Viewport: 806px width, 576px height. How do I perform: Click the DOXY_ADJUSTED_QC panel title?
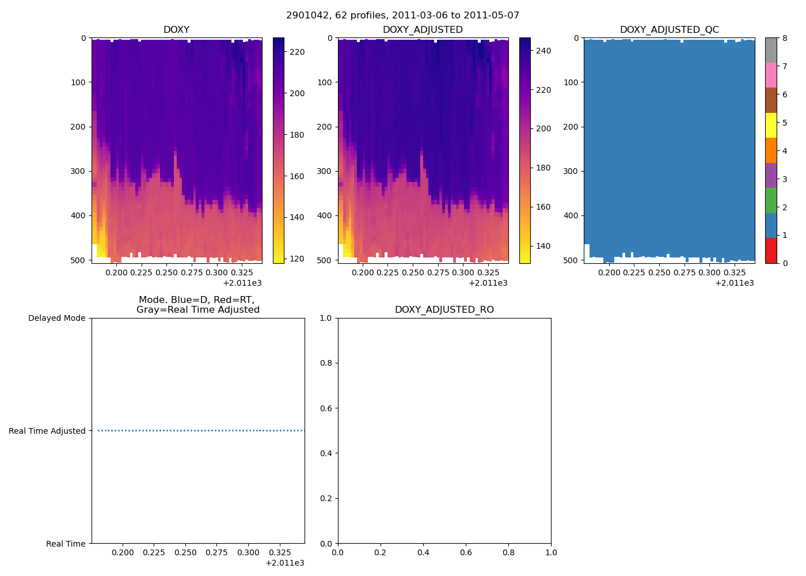pyautogui.click(x=669, y=30)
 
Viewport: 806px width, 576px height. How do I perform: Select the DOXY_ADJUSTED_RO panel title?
pyautogui.click(x=444, y=310)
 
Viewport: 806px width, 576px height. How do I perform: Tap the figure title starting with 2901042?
pyautogui.click(x=402, y=16)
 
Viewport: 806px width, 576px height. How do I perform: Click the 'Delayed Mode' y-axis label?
pyautogui.click(x=56, y=319)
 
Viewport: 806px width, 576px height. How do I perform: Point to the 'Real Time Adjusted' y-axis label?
pyautogui.click(x=47, y=431)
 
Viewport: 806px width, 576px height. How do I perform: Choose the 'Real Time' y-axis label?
pyautogui.click(x=66, y=544)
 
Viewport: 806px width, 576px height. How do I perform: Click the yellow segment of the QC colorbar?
pyautogui.click(x=771, y=126)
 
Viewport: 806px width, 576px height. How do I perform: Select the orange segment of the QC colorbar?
pyautogui.click(x=771, y=150)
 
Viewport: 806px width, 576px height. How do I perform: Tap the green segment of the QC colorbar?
pyautogui.click(x=771, y=200)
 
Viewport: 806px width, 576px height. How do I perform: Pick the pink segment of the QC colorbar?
pyautogui.click(x=771, y=75)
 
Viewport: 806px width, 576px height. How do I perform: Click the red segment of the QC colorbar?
pyautogui.click(x=771, y=251)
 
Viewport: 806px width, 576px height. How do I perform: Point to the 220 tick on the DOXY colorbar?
pyautogui.click(x=297, y=52)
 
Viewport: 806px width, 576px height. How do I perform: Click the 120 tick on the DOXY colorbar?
pyautogui.click(x=297, y=259)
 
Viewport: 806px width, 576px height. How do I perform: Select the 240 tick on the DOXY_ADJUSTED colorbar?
pyautogui.click(x=543, y=51)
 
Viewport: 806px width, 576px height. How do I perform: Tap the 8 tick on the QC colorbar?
pyautogui.click(x=784, y=38)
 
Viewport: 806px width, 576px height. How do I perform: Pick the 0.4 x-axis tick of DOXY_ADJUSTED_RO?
pyautogui.click(x=423, y=552)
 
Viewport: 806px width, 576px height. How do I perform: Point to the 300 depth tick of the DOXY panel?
pyautogui.click(x=79, y=171)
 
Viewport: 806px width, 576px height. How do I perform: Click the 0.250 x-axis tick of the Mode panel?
pyautogui.click(x=185, y=552)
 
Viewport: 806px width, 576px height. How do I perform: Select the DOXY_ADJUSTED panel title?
pyautogui.click(x=423, y=30)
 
